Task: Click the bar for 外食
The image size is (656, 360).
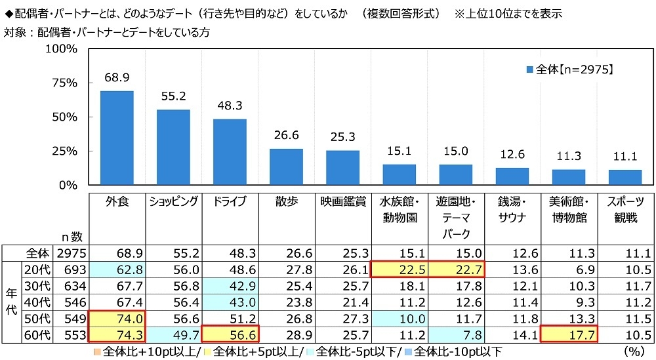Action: pos(117,138)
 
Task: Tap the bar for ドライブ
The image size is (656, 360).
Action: pos(230,151)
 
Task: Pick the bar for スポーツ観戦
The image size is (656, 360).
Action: pos(625,177)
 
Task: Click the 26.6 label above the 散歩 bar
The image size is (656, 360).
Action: pos(286,136)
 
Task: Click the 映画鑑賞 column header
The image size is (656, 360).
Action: pos(342,202)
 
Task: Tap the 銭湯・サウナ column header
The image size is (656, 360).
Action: pos(512,210)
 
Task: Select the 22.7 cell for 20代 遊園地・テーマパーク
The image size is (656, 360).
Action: pos(455,270)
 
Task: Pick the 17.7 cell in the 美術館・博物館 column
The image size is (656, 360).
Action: pos(568,334)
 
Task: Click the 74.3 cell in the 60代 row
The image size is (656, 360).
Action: pos(117,334)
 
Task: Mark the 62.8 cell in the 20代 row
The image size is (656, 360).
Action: pos(117,270)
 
